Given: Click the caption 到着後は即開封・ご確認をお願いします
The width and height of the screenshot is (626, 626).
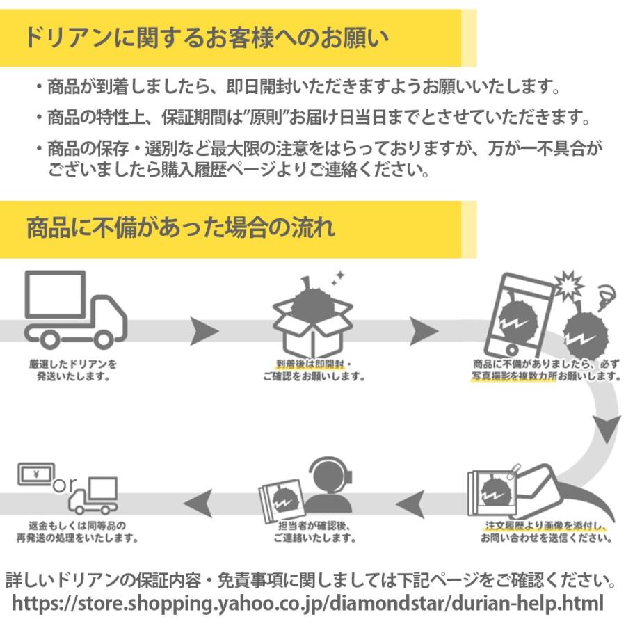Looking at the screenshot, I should [x=314, y=370].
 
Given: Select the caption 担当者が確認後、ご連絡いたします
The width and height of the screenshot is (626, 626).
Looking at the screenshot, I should [x=314, y=533].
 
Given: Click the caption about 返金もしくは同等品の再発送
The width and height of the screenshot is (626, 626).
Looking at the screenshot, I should [x=78, y=533].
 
